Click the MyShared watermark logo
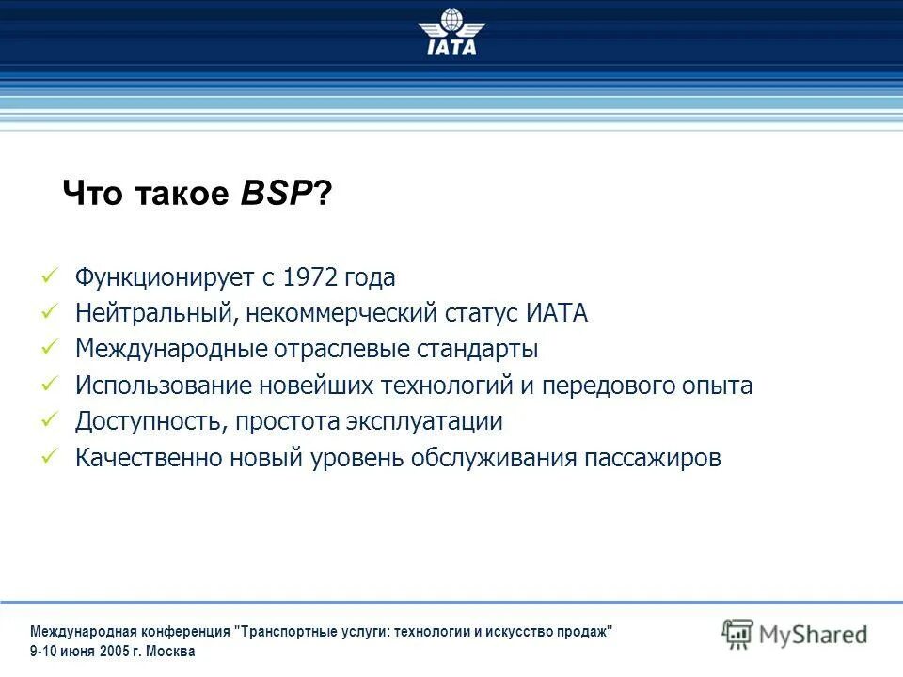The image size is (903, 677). click(x=795, y=634)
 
